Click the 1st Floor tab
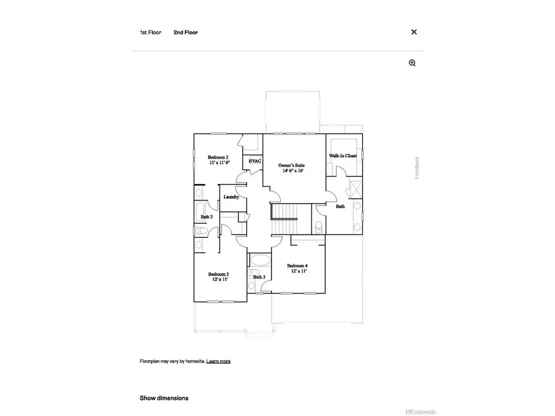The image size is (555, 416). coord(151,32)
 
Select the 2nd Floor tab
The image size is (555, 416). coord(185,32)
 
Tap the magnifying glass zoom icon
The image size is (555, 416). coord(412,63)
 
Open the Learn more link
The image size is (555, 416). coord(218,361)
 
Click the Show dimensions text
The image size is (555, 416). coord(164,398)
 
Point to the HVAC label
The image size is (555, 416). coord(255,161)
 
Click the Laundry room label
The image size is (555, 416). coord(231,197)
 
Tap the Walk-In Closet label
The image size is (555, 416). coord(343,155)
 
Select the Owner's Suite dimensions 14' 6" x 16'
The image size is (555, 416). coord(293,171)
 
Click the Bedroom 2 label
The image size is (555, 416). coord(218,157)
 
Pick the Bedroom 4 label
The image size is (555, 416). coord(298,265)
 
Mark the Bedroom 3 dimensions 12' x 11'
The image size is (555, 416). coord(220,279)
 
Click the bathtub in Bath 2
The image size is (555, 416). coord(199,212)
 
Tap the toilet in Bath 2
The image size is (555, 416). coord(201,231)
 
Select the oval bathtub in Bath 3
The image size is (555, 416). coord(260,261)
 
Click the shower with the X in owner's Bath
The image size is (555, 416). coord(356,189)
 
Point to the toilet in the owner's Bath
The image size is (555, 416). coord(319,227)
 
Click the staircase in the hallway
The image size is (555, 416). coord(284,219)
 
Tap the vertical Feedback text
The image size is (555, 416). coord(417,168)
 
